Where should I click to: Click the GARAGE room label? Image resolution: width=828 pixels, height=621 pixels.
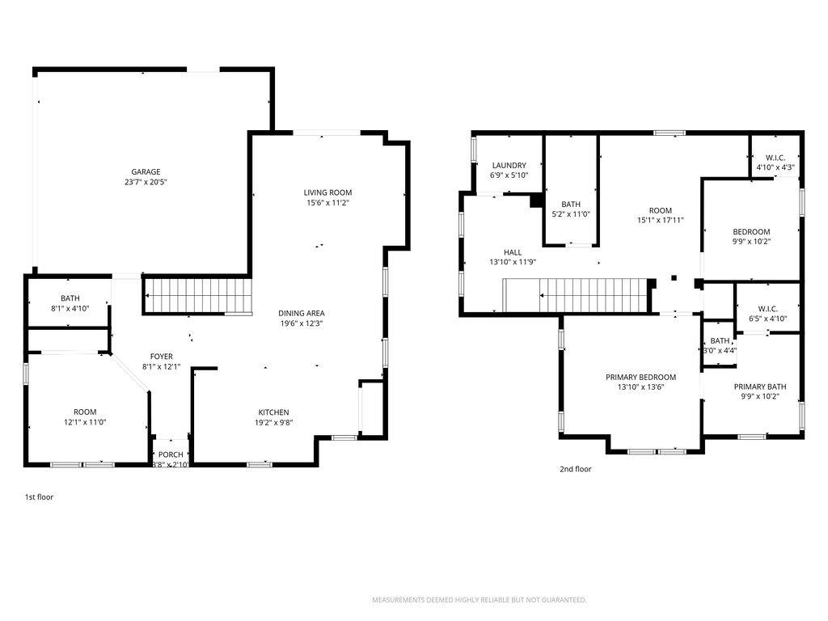(x=146, y=171)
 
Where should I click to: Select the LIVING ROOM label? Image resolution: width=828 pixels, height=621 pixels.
(x=327, y=192)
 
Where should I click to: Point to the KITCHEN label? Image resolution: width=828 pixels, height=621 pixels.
(x=273, y=412)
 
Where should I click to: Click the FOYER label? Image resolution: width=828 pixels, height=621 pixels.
(x=161, y=357)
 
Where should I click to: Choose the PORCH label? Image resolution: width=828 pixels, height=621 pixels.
(x=171, y=454)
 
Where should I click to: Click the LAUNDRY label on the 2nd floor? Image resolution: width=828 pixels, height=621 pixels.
(x=509, y=165)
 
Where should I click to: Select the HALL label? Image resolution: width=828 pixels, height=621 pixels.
(x=513, y=251)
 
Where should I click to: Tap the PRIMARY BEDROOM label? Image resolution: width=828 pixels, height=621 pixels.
(x=640, y=377)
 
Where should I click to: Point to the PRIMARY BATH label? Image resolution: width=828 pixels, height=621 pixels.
(x=759, y=387)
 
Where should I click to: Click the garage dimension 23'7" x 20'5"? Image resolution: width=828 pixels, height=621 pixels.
(x=146, y=182)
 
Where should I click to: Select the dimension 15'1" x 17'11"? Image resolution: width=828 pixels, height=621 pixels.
(x=661, y=219)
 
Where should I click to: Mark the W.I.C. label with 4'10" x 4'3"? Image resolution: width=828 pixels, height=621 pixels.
(x=775, y=158)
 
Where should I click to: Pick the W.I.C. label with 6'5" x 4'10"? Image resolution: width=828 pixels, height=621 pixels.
(x=767, y=308)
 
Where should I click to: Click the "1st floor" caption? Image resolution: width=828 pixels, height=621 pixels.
(x=39, y=497)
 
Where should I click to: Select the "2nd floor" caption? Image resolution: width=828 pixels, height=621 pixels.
(x=575, y=469)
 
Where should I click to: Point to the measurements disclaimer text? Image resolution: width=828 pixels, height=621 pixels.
(x=479, y=600)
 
